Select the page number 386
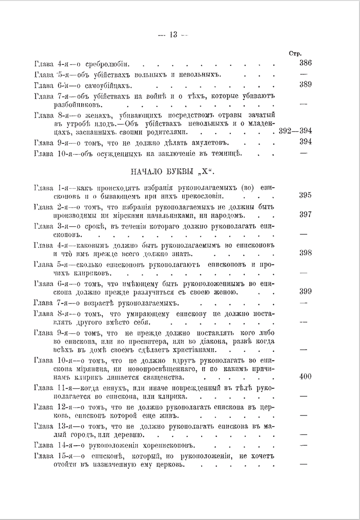pos(305,63)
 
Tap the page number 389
pos(305,85)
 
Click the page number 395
pos(305,196)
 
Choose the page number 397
pos(305,215)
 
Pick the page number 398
pos(305,253)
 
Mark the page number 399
pos(305,291)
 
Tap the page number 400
pos(305,377)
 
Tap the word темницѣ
pos(231,154)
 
